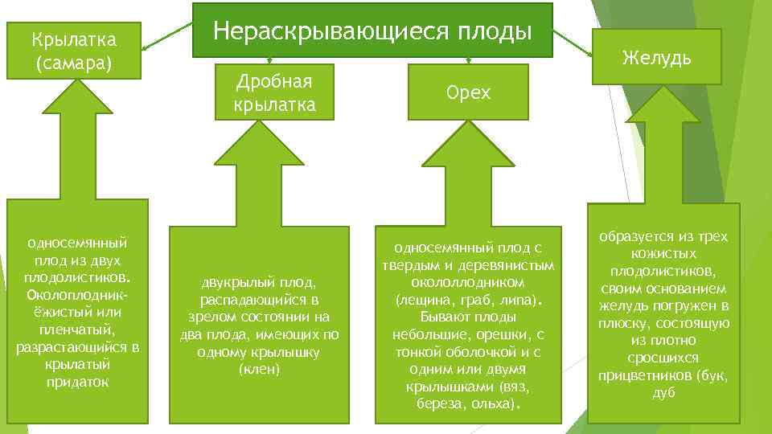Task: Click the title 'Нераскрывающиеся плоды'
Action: click(372, 31)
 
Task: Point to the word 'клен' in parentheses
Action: click(260, 369)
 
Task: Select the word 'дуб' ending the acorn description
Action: click(663, 393)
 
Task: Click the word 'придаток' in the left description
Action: click(78, 382)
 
